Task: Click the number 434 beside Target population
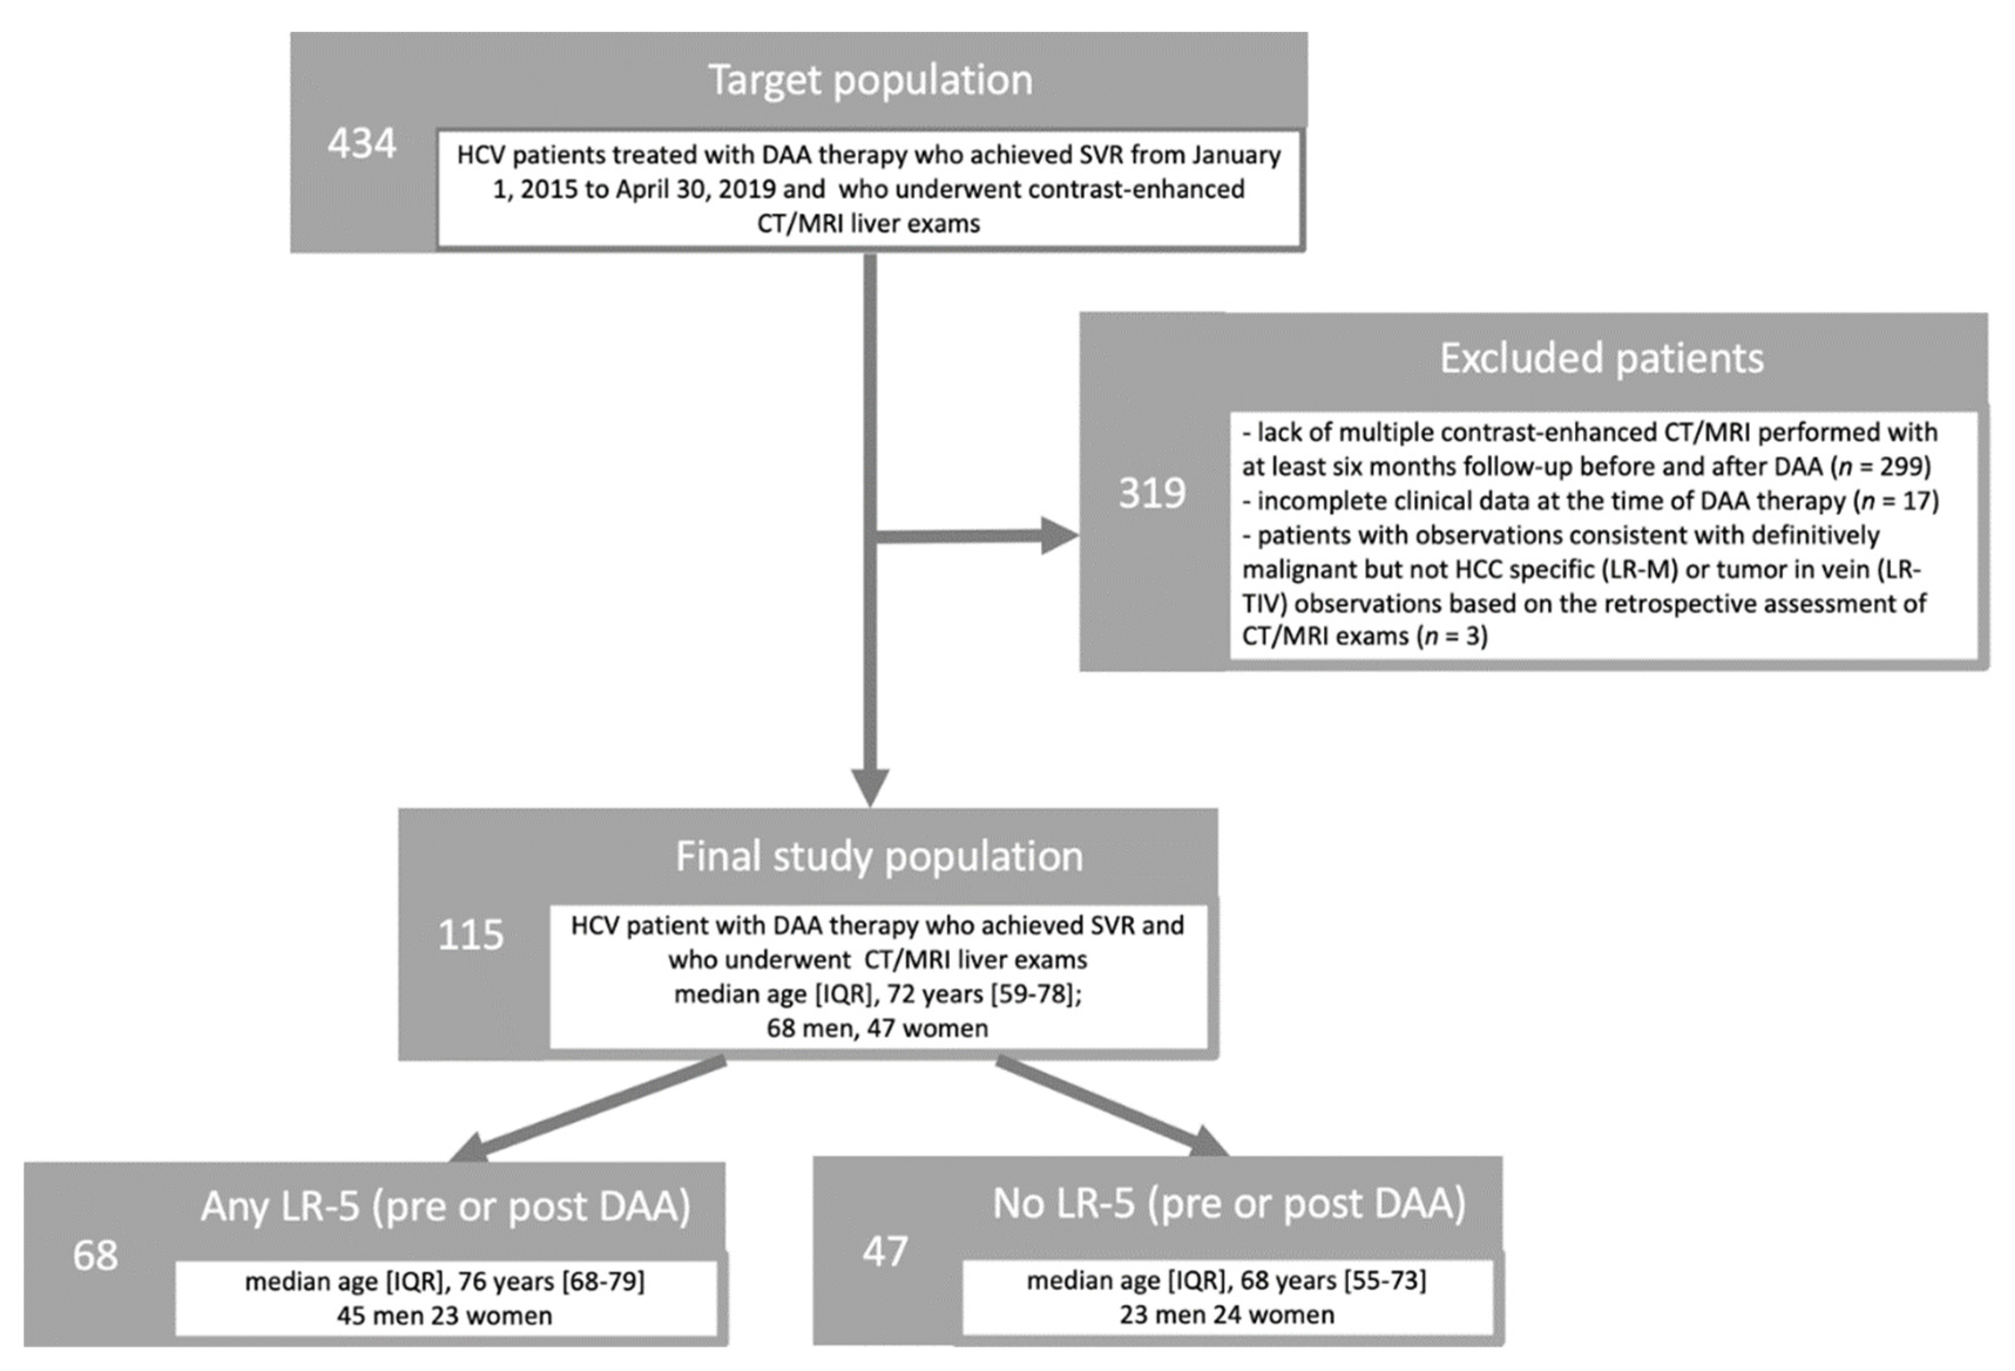361,144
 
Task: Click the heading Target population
871,80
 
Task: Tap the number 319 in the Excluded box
1152,493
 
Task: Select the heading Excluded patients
1601,358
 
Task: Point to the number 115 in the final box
470,935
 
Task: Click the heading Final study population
878,856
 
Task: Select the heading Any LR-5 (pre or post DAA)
446,1206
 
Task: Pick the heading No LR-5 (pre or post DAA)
1228,1203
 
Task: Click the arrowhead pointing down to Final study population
869,787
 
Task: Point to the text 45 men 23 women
444,1315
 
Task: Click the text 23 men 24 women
1226,1315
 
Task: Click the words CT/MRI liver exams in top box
868,223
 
